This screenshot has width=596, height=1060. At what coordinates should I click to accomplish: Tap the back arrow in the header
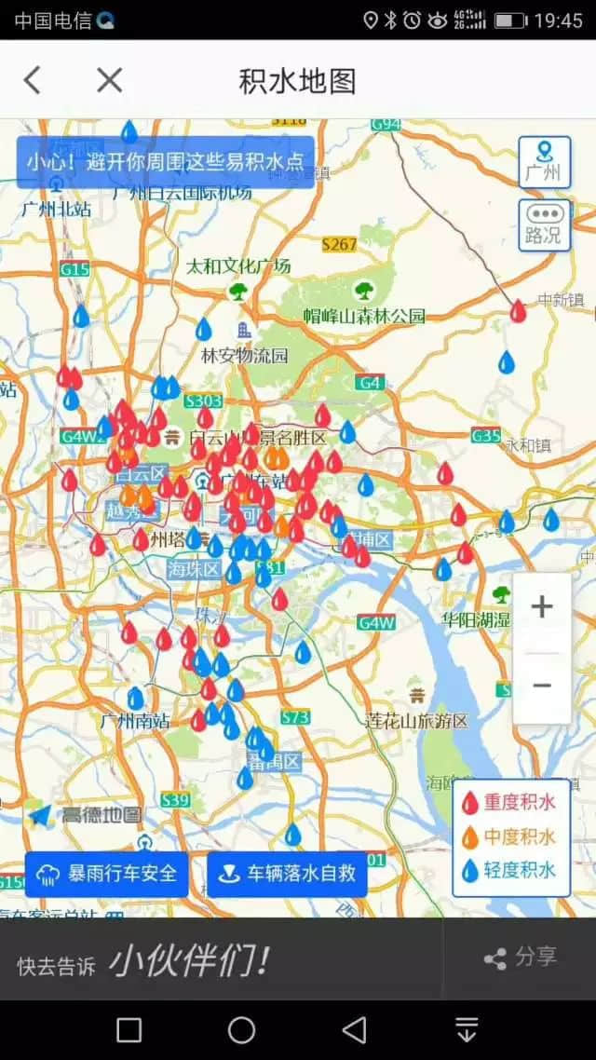tap(33, 81)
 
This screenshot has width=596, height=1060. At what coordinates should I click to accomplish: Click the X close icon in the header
tap(109, 81)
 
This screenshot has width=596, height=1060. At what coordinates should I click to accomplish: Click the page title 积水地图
tap(297, 81)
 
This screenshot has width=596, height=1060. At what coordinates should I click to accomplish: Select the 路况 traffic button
tap(544, 225)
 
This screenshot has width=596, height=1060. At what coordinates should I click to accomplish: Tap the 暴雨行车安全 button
tap(107, 875)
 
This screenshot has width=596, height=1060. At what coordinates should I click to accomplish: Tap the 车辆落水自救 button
tap(287, 875)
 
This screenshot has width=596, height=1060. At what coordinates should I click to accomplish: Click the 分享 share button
tap(521, 957)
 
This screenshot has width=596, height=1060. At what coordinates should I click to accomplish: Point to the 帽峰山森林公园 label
tap(365, 316)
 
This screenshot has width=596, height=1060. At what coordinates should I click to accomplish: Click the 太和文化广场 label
tap(238, 266)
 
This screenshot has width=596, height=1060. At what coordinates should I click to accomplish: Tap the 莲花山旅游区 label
tap(416, 720)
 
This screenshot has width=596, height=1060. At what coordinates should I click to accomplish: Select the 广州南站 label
tap(135, 720)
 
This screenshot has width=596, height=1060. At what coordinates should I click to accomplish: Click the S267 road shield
tap(339, 244)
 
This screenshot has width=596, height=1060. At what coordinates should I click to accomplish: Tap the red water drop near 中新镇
tap(518, 311)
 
